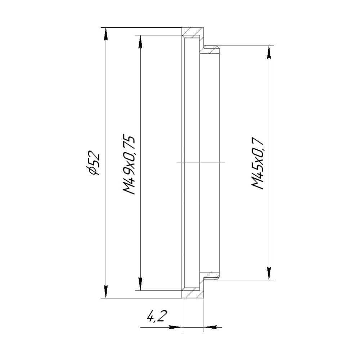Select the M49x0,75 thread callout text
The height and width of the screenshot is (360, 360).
(x=129, y=165)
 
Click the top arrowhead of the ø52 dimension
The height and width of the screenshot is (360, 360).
(x=105, y=33)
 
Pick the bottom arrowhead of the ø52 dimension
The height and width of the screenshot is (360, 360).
(x=105, y=292)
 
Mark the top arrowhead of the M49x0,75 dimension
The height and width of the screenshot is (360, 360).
(x=140, y=41)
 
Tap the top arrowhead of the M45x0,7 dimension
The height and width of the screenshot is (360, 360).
(x=269, y=52)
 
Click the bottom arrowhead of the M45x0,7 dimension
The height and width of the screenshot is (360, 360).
(x=269, y=273)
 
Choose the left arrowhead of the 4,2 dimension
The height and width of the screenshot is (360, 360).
(x=176, y=327)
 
